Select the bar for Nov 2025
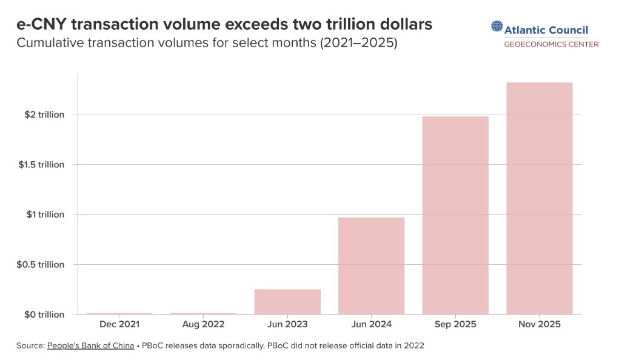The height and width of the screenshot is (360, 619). tap(540, 198)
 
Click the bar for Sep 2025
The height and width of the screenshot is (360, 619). tap(455, 215)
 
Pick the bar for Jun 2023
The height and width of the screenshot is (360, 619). tap(287, 301)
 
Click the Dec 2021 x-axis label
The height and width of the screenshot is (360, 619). tap(119, 325)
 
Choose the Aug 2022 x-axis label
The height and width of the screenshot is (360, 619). tap(203, 325)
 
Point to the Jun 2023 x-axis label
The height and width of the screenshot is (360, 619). tap(287, 325)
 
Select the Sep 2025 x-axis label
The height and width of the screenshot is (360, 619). tap(455, 325)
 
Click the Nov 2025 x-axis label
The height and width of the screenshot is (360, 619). tap(540, 325)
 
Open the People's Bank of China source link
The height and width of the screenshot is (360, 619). tap(90, 345)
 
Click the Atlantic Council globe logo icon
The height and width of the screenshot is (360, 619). tap(497, 27)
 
